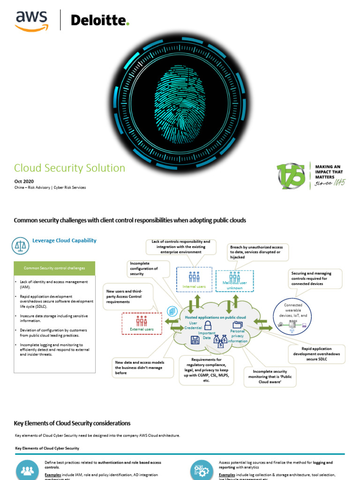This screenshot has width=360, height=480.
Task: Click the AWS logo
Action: point(31,21)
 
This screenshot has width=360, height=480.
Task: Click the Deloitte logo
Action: point(99,21)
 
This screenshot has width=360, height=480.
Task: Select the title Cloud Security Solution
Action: point(69,168)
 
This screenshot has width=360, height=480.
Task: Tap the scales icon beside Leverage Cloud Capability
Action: point(20,244)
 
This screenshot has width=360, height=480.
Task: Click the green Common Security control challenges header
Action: point(55,268)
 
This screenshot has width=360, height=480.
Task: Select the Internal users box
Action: point(194,279)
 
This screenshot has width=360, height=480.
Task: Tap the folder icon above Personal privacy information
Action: point(238,324)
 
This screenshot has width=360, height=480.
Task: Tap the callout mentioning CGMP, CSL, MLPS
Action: point(207,370)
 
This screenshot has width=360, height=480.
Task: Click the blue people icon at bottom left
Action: point(28,471)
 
